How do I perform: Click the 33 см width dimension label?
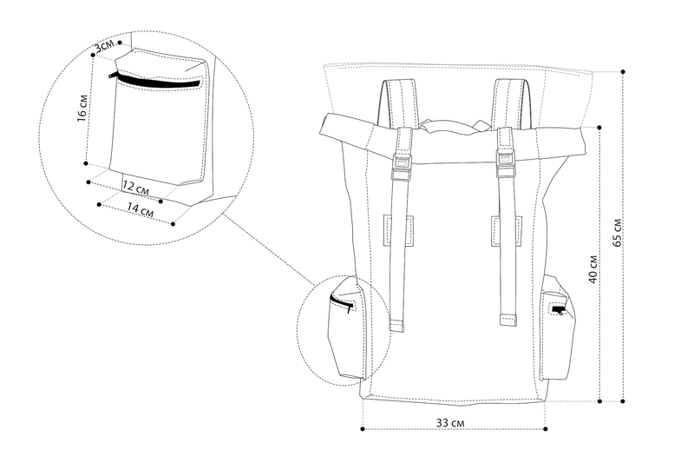(x=450, y=423)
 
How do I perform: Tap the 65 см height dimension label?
(x=618, y=233)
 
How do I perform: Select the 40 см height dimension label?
(x=593, y=269)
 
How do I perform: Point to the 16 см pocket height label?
(x=82, y=108)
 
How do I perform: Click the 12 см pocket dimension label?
(x=135, y=189)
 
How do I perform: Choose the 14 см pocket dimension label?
(x=141, y=209)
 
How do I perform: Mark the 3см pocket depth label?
(x=104, y=46)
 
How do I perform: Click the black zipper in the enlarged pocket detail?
(x=155, y=80)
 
